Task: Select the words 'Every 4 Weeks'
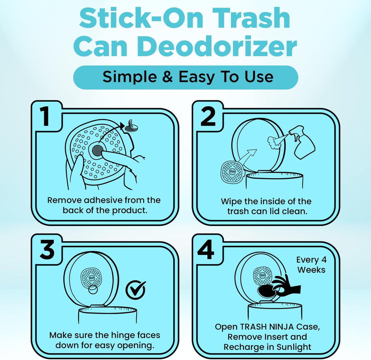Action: (x=310, y=265)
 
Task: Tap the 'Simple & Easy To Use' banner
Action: (x=185, y=77)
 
